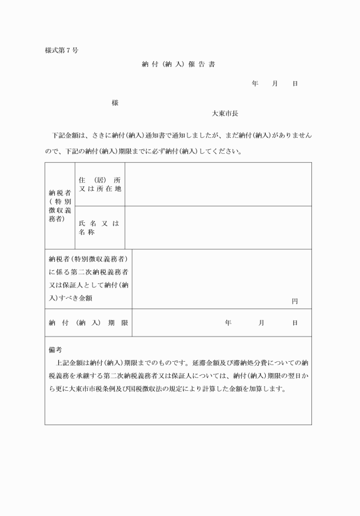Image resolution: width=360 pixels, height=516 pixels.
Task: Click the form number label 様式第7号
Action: (x=62, y=50)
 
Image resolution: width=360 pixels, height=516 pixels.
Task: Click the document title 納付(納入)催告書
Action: (x=178, y=65)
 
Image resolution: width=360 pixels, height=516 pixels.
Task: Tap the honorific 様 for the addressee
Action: (x=115, y=103)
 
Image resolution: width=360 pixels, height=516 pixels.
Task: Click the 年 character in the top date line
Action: (x=255, y=84)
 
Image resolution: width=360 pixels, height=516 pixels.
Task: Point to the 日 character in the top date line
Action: (x=295, y=84)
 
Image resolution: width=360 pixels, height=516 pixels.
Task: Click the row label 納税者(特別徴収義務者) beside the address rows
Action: (x=60, y=206)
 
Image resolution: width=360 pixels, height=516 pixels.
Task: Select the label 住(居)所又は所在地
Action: (x=100, y=185)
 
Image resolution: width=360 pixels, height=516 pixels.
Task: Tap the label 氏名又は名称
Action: (x=99, y=228)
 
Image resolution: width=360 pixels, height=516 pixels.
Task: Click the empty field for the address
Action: (x=218, y=185)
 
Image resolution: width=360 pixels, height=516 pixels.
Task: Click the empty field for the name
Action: (x=218, y=227)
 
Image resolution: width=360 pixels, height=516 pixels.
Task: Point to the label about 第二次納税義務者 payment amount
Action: (x=89, y=279)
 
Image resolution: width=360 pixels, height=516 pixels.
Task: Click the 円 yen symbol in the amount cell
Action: (x=295, y=301)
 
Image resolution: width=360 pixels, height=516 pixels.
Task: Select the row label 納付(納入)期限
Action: (x=89, y=323)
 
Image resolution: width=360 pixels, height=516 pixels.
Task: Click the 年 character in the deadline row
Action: (x=228, y=323)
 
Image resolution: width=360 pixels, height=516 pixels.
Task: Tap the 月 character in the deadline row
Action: (x=261, y=323)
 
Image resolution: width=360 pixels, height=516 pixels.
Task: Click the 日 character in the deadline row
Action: (x=295, y=323)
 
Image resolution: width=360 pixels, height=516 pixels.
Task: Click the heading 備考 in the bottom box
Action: (x=55, y=349)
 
